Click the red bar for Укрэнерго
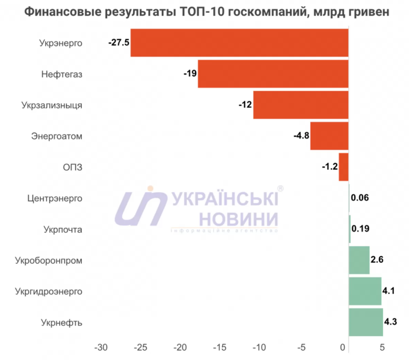[239, 43]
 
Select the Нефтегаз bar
[273, 74]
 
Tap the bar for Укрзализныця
[301, 105]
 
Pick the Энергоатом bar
[329, 136]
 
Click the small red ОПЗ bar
[343, 167]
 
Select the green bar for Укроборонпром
[359, 260]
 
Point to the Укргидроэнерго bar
[365, 291]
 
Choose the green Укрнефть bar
[366, 322]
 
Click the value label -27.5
[118, 43]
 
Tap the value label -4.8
[301, 136]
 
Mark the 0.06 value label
[359, 198]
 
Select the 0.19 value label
[360, 229]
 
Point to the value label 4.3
[390, 322]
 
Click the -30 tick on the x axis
[101, 347]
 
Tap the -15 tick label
[220, 347]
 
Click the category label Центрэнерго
[55, 198]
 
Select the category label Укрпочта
[63, 229]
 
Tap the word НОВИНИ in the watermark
[239, 218]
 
